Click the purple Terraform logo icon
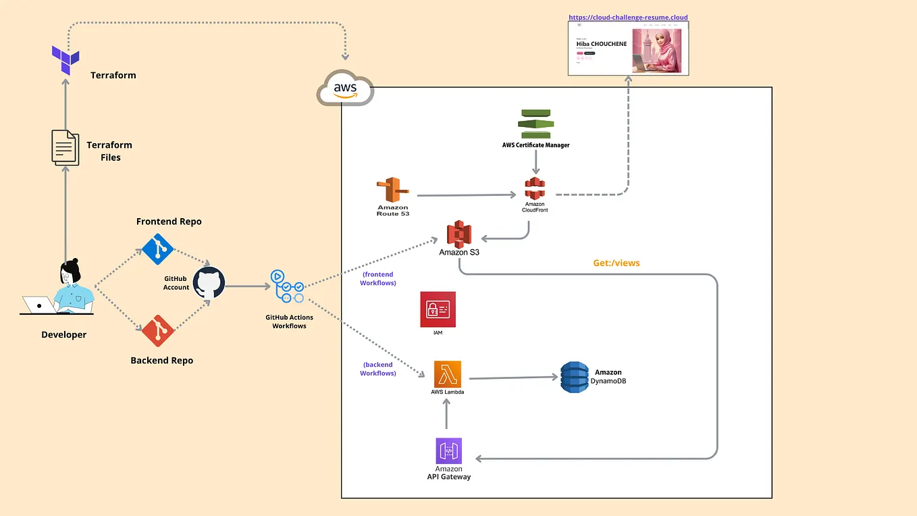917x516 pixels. pyautogui.click(x=65, y=60)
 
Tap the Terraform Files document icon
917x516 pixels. pyautogui.click(x=65, y=147)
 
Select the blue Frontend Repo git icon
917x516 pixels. pyautogui.click(x=158, y=248)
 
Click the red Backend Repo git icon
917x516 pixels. pyautogui.click(x=158, y=330)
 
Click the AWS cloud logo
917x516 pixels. pyautogui.click(x=345, y=88)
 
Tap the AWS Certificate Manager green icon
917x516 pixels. pyautogui.click(x=535, y=123)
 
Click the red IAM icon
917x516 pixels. pyautogui.click(x=438, y=309)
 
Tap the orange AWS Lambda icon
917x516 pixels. pyautogui.click(x=447, y=374)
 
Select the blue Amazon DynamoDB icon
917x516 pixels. pyautogui.click(x=574, y=378)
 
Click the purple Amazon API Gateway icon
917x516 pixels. pyautogui.click(x=448, y=450)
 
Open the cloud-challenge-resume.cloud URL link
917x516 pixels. pyautogui.click(x=628, y=18)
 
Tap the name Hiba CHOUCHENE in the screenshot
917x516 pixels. pyautogui.click(x=601, y=44)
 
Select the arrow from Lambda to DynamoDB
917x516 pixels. pyautogui.click(x=513, y=378)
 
